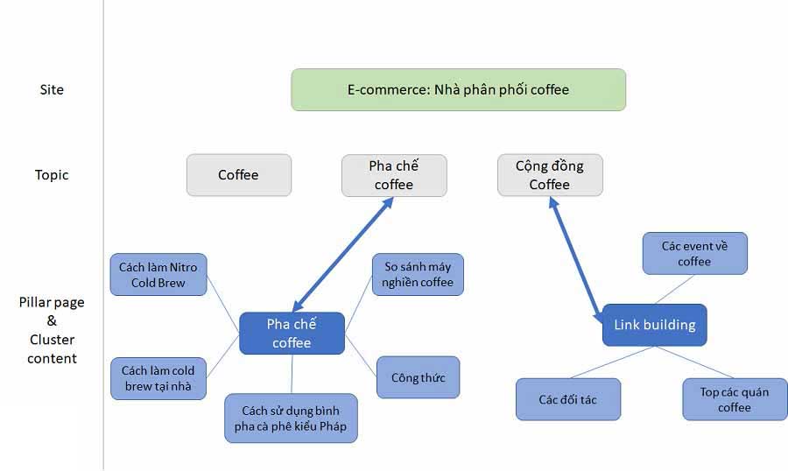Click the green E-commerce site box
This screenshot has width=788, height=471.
(458, 89)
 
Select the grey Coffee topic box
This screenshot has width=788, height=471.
(238, 175)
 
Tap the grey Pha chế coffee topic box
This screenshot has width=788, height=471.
(394, 175)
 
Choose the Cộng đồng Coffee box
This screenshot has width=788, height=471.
(549, 175)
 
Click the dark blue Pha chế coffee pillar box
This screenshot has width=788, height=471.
(292, 333)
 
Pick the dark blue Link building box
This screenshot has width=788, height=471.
(654, 325)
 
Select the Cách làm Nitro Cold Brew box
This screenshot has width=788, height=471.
(158, 275)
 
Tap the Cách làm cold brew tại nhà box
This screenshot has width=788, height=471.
(158, 379)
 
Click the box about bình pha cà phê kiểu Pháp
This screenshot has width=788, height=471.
(291, 418)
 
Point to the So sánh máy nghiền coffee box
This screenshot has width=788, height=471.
(418, 274)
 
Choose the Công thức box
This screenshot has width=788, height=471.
(418, 378)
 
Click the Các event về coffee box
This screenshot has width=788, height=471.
(694, 253)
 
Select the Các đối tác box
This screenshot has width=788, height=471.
(567, 399)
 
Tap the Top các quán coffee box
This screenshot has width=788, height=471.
(735, 399)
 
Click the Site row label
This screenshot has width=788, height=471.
(52, 89)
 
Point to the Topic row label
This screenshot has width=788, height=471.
(52, 175)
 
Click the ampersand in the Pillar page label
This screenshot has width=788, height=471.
(52, 321)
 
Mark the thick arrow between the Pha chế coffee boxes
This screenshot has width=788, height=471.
(342, 255)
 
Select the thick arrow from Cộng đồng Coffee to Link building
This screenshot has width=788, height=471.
(577, 257)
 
